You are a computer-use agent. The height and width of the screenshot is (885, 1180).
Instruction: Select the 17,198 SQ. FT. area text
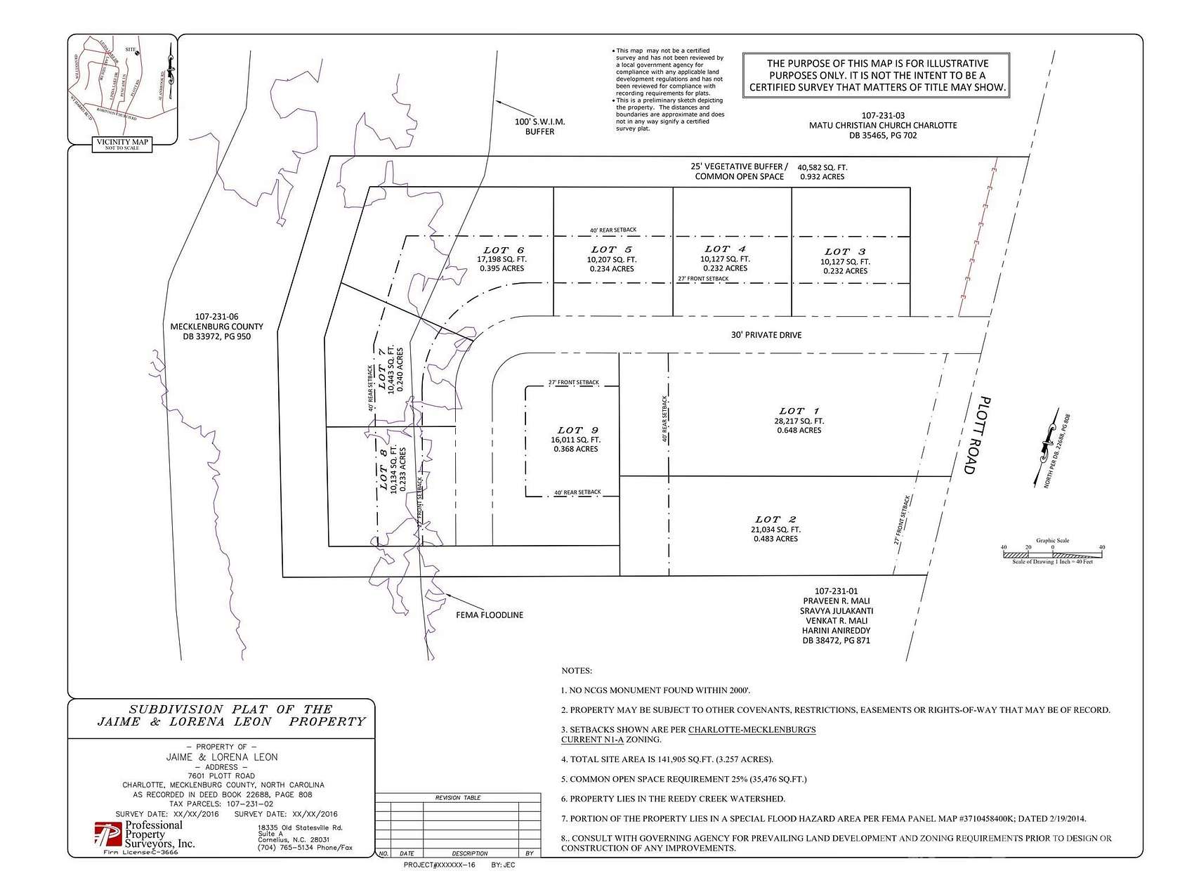click(x=501, y=259)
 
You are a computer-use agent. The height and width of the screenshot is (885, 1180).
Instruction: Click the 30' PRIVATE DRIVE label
click(x=766, y=335)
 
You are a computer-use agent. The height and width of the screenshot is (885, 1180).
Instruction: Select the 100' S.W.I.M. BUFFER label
click(x=539, y=126)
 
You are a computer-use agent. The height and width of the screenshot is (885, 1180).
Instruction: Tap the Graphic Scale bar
click(x=1052, y=553)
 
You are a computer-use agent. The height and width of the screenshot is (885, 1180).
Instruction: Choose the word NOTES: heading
click(x=577, y=671)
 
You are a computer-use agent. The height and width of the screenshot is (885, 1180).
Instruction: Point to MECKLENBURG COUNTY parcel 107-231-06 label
click(x=217, y=327)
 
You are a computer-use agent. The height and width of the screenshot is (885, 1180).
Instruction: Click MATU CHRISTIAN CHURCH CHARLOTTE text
click(x=882, y=125)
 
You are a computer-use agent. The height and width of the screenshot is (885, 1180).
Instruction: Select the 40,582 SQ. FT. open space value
click(x=822, y=167)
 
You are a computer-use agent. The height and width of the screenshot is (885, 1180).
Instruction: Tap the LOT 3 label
click(x=845, y=251)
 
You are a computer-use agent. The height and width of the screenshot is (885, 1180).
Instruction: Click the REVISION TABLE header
click(x=458, y=798)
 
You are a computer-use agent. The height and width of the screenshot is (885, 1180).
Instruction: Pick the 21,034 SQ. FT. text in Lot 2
click(x=775, y=530)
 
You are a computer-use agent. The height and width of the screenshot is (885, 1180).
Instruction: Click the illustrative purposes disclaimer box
click(x=877, y=75)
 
